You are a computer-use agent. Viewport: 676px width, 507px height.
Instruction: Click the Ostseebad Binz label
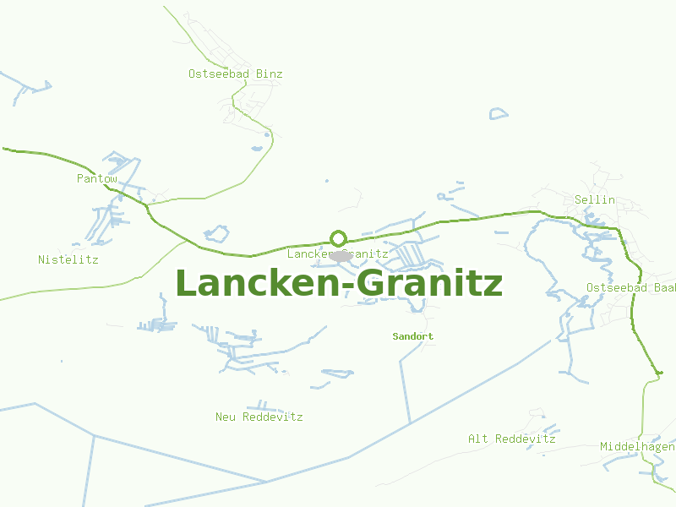(x=235, y=74)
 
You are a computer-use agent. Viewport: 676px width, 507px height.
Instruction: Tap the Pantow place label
(x=96, y=178)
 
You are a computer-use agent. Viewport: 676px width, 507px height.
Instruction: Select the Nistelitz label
(x=68, y=259)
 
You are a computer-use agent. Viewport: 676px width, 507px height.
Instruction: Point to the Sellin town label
(x=594, y=200)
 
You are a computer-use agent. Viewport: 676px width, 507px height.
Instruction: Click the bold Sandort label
(x=412, y=336)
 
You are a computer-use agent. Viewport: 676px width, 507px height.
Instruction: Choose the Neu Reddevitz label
(x=259, y=417)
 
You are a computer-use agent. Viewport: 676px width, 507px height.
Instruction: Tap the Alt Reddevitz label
(x=511, y=439)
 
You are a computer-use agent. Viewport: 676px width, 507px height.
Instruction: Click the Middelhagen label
(x=637, y=446)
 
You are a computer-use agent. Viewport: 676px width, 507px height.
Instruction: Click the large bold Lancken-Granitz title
(x=338, y=284)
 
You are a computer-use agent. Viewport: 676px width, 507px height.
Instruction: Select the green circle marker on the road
(x=338, y=238)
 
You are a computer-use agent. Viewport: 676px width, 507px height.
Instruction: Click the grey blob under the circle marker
(x=341, y=255)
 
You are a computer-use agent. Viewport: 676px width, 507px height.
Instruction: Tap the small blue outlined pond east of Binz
(x=499, y=113)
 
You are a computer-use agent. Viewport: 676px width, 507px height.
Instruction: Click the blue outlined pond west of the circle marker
(x=217, y=232)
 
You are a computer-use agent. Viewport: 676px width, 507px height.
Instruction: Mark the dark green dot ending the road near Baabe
(x=660, y=372)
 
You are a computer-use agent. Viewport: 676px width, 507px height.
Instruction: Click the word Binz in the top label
(x=269, y=74)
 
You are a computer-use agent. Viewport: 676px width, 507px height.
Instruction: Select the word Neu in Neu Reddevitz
(x=226, y=417)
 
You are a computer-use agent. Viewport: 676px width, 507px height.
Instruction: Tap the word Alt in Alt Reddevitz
(x=478, y=439)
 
